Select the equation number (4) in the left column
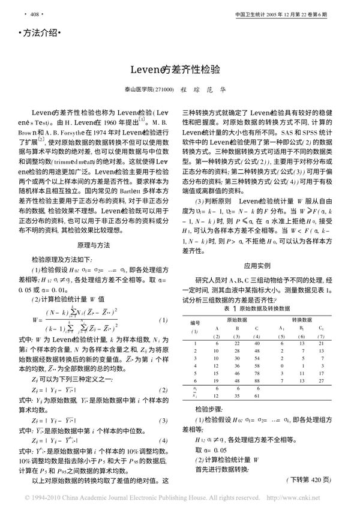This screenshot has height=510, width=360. (161, 440)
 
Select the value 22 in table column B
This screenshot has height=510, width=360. (238, 342)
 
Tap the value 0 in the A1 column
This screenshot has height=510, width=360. (282, 365)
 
